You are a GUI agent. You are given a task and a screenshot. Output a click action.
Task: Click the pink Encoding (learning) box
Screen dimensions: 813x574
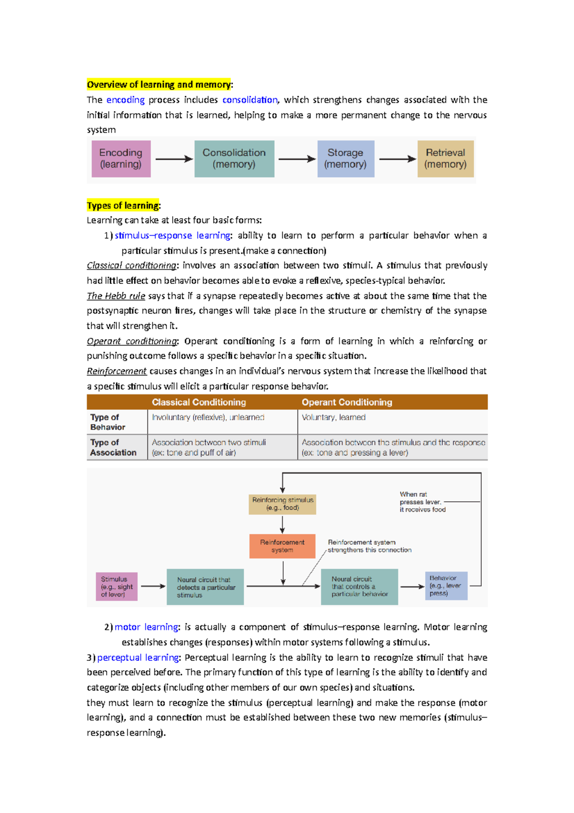point(121,158)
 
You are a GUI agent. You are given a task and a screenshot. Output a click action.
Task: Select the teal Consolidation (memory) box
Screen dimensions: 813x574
point(234,158)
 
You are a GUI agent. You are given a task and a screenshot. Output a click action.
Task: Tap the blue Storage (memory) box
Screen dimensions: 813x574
point(345,158)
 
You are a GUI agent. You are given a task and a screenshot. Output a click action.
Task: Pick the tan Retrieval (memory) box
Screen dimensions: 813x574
point(445,158)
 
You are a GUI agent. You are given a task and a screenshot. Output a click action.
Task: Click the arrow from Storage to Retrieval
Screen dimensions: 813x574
point(397,159)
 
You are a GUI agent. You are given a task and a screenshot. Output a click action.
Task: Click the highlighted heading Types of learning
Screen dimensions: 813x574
point(123,205)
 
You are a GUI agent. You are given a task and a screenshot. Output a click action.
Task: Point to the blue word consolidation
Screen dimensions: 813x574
point(250,100)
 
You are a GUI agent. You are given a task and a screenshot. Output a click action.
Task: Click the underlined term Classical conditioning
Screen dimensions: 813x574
point(131,265)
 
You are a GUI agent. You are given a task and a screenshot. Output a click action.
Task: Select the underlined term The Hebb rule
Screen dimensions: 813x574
point(116,296)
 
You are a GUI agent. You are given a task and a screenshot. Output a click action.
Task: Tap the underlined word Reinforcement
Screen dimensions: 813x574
point(117,371)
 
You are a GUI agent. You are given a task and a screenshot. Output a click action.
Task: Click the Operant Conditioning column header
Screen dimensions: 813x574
point(347,402)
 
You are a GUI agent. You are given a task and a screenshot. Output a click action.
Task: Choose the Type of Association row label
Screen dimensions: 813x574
point(113,447)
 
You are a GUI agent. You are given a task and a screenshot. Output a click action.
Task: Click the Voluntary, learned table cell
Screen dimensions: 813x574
point(333,418)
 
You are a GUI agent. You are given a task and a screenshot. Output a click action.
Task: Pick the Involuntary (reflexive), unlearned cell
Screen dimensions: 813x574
point(208,418)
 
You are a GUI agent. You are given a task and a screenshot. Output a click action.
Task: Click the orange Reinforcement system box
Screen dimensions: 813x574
point(282,546)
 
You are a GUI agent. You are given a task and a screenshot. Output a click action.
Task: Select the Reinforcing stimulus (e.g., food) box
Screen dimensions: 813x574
point(282,504)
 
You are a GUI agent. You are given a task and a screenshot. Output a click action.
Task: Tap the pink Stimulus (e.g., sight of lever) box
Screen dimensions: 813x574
point(116,587)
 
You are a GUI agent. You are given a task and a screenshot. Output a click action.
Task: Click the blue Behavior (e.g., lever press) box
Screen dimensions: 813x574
point(446,586)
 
